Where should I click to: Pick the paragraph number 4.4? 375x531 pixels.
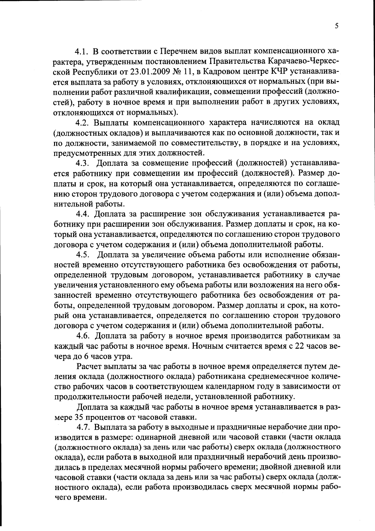(x=82, y=214)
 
